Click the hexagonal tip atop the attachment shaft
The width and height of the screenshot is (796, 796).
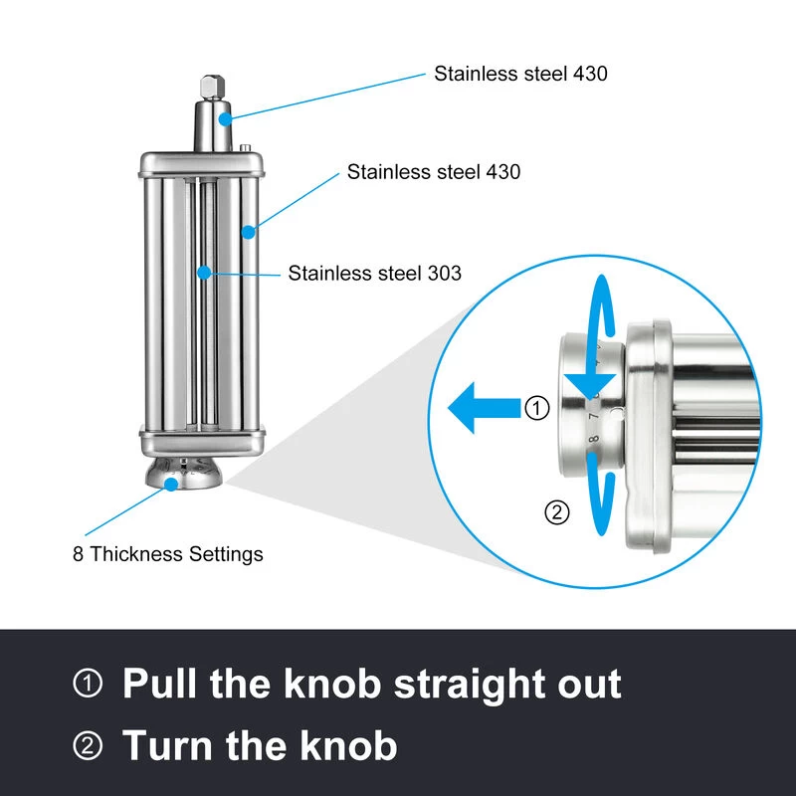(212, 87)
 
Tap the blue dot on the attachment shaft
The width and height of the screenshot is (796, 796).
(225, 119)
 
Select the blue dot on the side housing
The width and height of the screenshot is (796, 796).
(248, 232)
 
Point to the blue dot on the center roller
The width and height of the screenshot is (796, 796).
(204, 273)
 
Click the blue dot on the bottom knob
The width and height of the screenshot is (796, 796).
(171, 485)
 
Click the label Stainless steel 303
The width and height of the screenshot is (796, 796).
(375, 273)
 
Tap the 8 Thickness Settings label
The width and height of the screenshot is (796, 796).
(168, 554)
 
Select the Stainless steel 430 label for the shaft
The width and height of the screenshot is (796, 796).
(520, 74)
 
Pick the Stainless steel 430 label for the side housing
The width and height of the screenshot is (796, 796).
(434, 171)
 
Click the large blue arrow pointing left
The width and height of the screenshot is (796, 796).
(485, 408)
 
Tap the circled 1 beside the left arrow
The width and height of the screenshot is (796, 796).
(536, 408)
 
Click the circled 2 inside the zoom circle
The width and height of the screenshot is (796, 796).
(557, 512)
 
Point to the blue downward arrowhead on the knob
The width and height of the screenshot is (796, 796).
(590, 386)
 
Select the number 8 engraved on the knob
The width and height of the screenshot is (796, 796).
(593, 439)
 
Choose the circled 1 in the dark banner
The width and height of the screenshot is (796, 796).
(88, 683)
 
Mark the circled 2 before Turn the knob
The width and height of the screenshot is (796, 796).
(88, 745)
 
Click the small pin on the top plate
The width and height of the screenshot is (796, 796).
(245, 147)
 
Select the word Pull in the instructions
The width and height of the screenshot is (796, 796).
(159, 684)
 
